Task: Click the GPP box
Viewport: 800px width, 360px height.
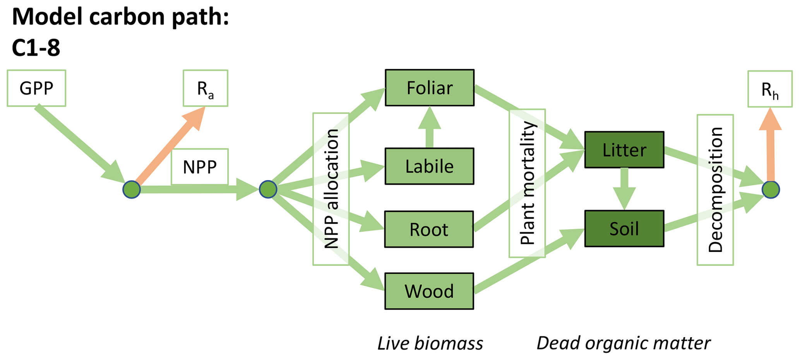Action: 36,88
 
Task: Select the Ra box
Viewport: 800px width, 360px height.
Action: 205,88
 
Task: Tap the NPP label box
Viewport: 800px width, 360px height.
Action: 200,167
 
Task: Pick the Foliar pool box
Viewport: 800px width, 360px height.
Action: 429,88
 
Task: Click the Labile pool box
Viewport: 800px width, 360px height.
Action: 429,166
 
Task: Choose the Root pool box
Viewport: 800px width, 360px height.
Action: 429,229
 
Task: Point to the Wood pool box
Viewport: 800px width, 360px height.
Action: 429,291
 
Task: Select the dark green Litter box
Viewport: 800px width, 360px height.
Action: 624,150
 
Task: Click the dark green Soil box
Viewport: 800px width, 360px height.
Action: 624,229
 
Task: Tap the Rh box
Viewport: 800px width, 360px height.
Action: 770,89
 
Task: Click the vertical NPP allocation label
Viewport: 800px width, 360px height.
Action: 331,189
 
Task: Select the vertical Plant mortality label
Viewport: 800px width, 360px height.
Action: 527,183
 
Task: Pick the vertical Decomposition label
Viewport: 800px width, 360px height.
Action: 715,190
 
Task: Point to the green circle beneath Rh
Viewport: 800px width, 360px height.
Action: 771,190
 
